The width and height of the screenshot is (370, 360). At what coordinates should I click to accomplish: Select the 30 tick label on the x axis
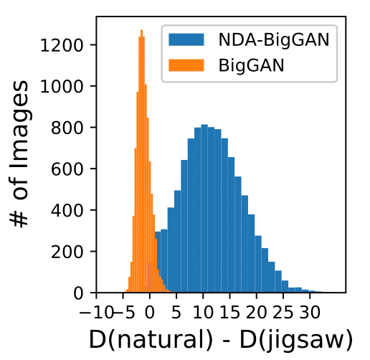tap(309, 312)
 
